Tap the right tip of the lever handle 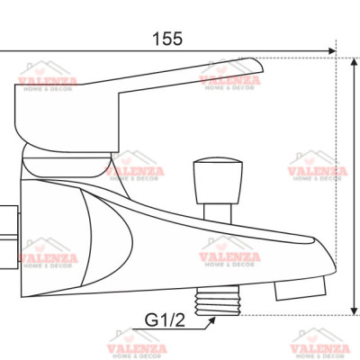[x=257, y=67]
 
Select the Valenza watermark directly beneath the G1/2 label [x=137, y=346]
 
